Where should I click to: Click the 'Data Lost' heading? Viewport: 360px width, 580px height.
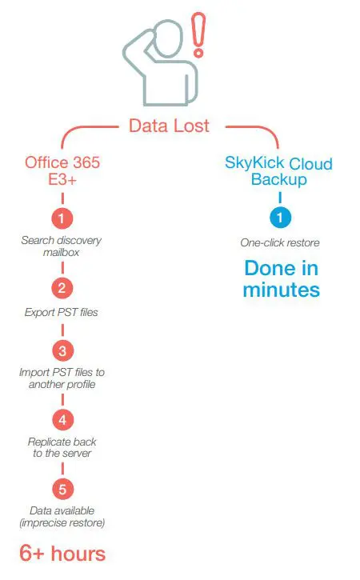pos(170,125)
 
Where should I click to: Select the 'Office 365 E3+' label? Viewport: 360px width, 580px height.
pos(62,171)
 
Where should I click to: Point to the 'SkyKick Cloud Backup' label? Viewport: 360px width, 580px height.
pos(278,171)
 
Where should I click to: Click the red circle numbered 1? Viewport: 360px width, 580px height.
pos(62,218)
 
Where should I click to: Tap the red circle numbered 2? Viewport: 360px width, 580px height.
pos(62,288)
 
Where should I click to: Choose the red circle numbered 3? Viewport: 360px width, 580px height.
pos(62,350)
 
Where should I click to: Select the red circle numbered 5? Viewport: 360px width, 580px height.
pos(62,489)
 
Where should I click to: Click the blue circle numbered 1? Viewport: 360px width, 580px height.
pos(279,218)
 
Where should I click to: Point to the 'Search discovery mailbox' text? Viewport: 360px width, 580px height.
pos(62,246)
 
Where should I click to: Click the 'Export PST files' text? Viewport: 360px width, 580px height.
pos(62,312)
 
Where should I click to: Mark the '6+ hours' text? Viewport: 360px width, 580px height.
pos(62,553)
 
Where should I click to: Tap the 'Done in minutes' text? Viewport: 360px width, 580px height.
pos(282,278)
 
